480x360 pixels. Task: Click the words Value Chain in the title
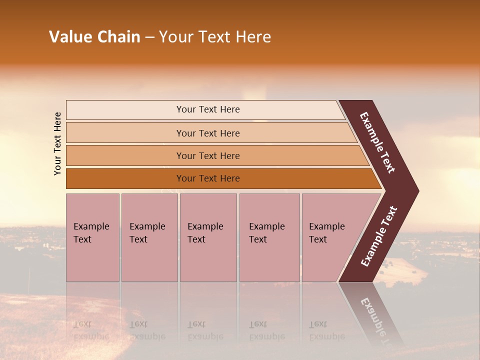(94, 37)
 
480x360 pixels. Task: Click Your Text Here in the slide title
(215, 37)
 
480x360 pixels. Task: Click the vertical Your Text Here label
(57, 143)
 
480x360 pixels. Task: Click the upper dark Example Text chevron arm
(378, 142)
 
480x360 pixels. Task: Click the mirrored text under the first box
(91, 330)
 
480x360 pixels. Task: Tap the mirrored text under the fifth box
(326, 330)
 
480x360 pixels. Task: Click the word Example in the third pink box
(205, 226)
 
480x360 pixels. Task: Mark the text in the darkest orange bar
(208, 178)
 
